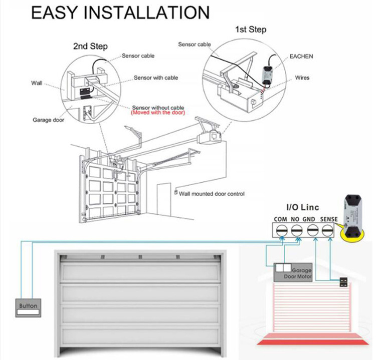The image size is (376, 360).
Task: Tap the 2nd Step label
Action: [90, 47]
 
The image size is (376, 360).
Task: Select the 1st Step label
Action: [251, 30]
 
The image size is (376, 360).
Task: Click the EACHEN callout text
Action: [301, 57]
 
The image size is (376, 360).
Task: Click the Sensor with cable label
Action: [155, 78]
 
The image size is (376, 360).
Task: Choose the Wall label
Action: [37, 83]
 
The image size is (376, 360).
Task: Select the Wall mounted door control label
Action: [212, 194]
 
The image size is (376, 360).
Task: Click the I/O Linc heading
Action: [302, 207]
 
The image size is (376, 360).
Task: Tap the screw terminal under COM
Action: [280, 229]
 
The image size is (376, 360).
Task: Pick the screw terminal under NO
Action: [296, 229]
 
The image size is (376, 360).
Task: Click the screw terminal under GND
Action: [313, 229]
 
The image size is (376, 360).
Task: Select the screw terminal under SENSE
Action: [328, 229]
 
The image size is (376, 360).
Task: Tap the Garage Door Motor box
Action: [293, 273]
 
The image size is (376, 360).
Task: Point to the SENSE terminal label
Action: [328, 219]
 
